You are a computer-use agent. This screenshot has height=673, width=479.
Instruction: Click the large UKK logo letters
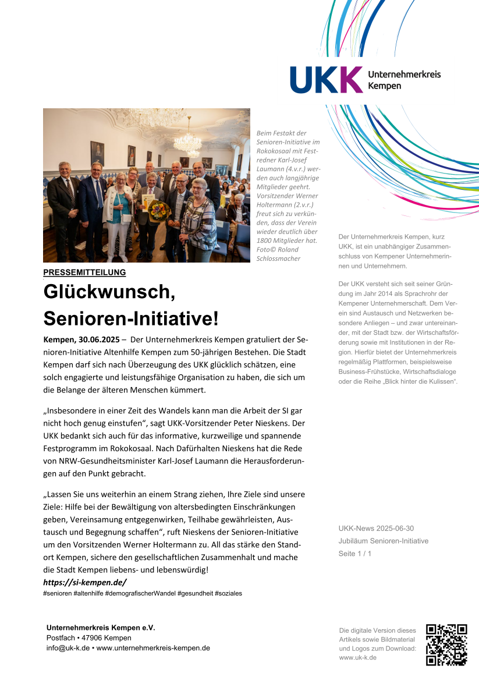pyautogui.click(x=326, y=80)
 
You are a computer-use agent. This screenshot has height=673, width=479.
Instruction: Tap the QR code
pyautogui.click(x=446, y=644)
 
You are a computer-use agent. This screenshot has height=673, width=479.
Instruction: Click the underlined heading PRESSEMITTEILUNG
pyautogui.click(x=84, y=272)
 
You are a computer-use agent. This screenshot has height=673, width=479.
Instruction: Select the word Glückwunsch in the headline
pyautogui.click(x=109, y=291)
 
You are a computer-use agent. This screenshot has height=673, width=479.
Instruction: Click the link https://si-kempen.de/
pyautogui.click(x=84, y=582)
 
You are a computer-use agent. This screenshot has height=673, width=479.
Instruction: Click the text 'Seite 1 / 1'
pyautogui.click(x=354, y=554)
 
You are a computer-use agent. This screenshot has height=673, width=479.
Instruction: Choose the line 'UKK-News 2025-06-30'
pyautogui.click(x=376, y=529)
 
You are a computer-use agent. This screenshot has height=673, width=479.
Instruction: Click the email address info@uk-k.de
pyautogui.click(x=68, y=648)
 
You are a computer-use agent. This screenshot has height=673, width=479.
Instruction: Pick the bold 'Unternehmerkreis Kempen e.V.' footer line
pyautogui.click(x=101, y=628)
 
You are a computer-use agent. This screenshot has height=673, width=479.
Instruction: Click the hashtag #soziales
pyautogui.click(x=228, y=593)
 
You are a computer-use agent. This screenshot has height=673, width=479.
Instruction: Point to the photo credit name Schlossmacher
pyautogui.click(x=278, y=258)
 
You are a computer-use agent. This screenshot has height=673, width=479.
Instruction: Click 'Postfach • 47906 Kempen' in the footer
pyautogui.click(x=88, y=638)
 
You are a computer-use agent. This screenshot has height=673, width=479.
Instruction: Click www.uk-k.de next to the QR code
pyautogui.click(x=357, y=657)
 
